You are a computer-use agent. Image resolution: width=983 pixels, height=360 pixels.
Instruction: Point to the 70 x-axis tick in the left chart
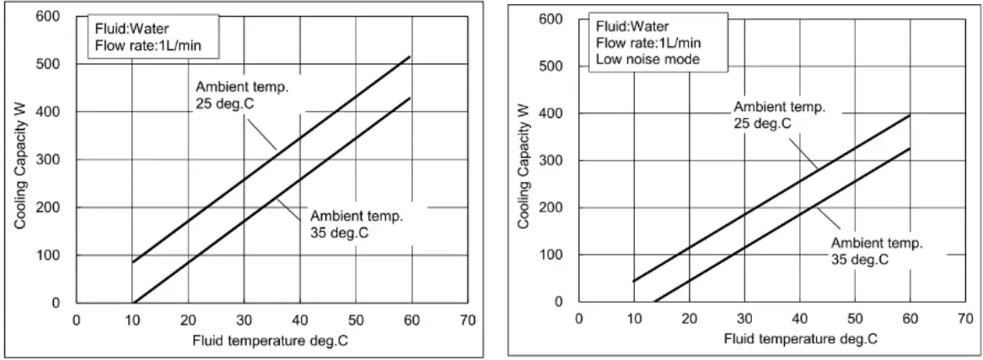pos(469,320)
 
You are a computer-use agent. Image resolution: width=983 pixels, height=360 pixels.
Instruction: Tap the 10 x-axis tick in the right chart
pos(634,318)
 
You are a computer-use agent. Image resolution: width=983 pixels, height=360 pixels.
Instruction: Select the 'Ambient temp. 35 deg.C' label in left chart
pos(356,223)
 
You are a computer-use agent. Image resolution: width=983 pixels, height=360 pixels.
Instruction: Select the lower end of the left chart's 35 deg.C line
pos(133,302)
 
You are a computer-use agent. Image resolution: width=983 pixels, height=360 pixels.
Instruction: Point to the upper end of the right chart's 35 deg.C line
pos(909,149)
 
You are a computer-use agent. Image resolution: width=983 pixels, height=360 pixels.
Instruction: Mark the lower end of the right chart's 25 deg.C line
pos(634,281)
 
